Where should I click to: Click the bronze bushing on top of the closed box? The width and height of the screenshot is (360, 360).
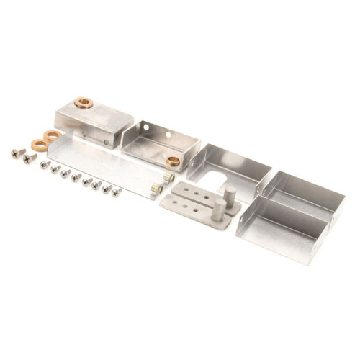(x=83, y=102)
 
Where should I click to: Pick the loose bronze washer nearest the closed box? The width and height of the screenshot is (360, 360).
(x=52, y=135)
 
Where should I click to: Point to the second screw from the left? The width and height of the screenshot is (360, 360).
(x=30, y=158)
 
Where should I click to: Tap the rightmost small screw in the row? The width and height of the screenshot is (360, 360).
(x=116, y=192)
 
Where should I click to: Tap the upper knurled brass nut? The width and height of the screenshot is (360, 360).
(x=168, y=176)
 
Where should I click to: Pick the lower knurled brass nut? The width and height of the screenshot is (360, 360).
(x=155, y=188)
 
